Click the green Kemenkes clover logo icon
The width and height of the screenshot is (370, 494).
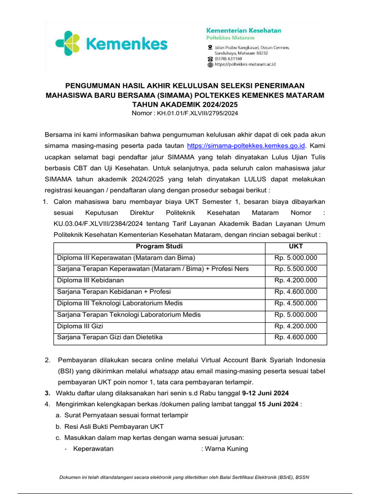(x=68, y=44)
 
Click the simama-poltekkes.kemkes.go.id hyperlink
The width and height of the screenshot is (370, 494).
(x=247, y=145)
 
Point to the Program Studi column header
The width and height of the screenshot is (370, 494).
(x=159, y=247)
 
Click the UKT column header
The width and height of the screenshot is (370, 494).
(x=296, y=247)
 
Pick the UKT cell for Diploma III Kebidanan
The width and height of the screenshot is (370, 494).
(x=296, y=280)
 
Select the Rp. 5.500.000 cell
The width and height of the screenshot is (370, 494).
(x=296, y=269)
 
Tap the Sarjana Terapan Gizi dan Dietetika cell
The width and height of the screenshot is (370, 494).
(x=110, y=337)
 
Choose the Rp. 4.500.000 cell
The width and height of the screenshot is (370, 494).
(x=296, y=303)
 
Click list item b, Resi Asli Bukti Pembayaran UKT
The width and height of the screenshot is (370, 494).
(x=114, y=426)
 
